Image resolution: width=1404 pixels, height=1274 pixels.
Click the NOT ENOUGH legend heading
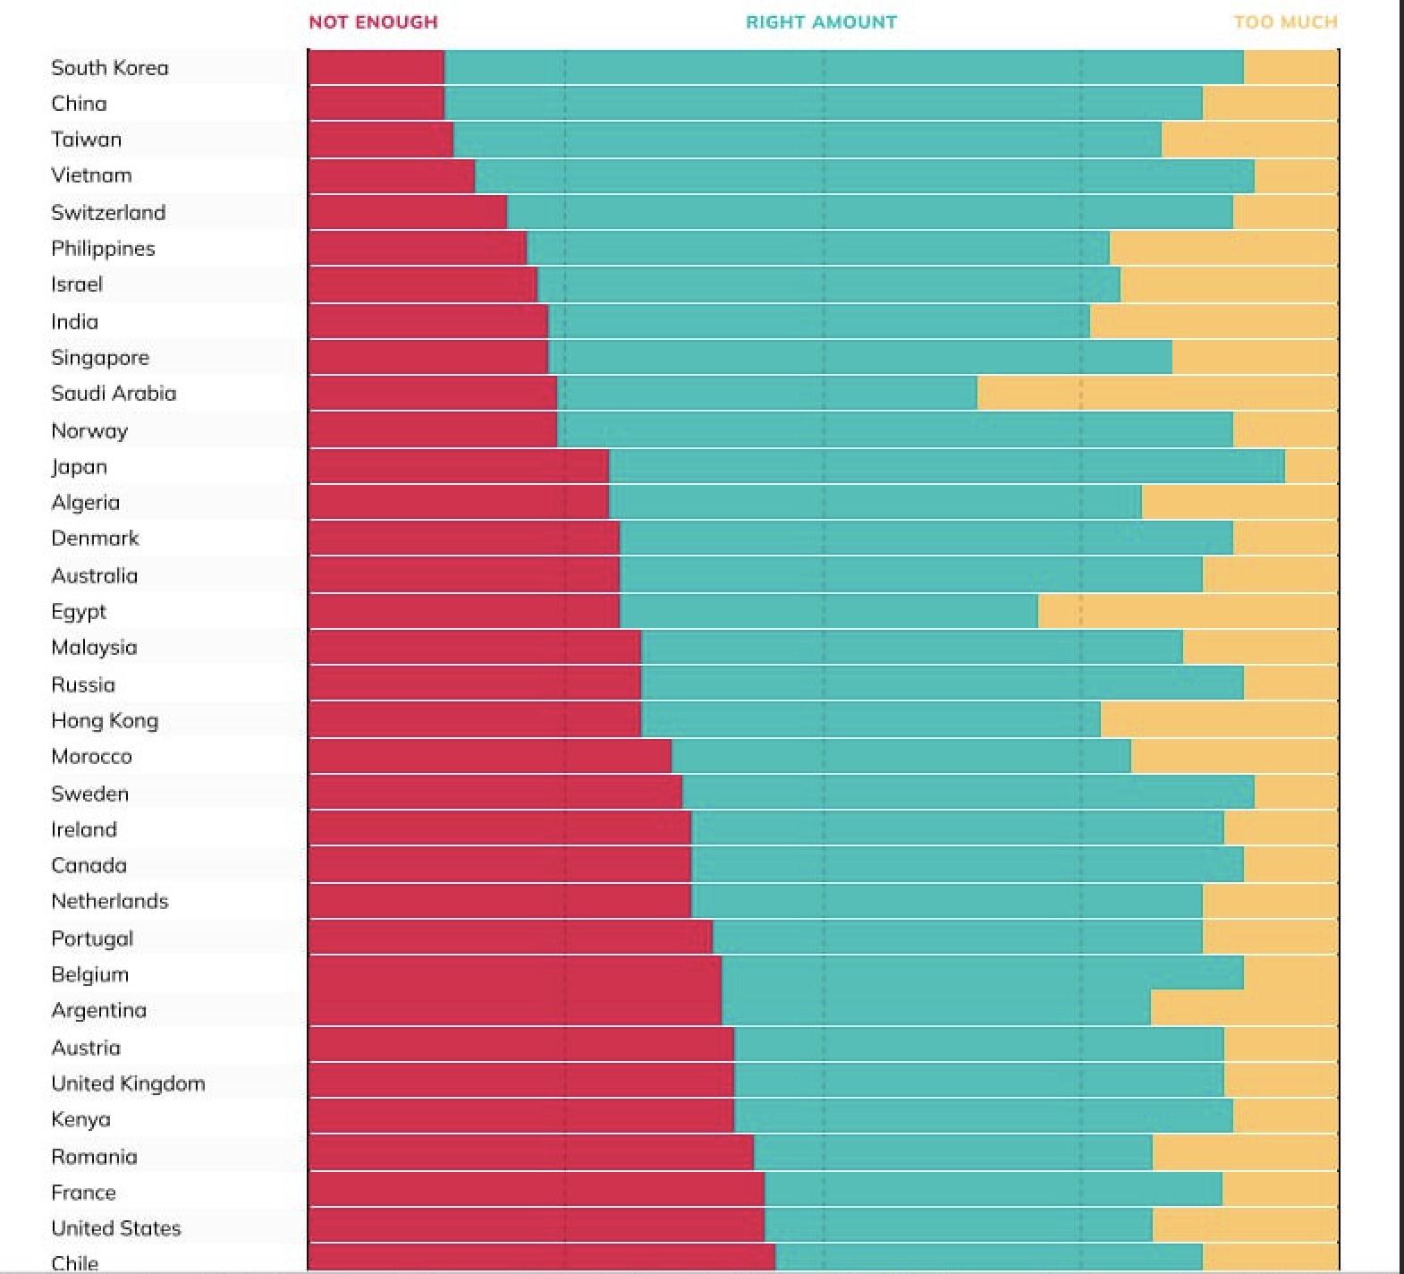pyautogui.click(x=373, y=22)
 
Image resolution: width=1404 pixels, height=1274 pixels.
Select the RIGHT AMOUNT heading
pyautogui.click(x=821, y=22)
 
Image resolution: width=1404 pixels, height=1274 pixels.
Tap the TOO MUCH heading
pyautogui.click(x=1285, y=22)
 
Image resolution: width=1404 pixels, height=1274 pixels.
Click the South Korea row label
pyautogui.click(x=110, y=68)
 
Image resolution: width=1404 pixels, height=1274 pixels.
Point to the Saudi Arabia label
pyautogui.click(x=114, y=394)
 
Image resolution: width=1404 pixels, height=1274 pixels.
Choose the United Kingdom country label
pyautogui.click(x=128, y=1083)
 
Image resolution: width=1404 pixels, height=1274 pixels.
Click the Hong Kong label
pyautogui.click(x=105, y=721)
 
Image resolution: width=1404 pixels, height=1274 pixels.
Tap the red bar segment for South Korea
pyautogui.click(x=376, y=68)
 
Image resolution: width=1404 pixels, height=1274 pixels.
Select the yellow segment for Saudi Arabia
pyautogui.click(x=1157, y=394)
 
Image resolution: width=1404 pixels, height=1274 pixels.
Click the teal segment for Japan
pyautogui.click(x=946, y=466)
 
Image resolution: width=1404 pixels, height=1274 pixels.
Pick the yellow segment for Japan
pyautogui.click(x=1311, y=466)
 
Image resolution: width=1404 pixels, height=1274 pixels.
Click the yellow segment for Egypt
pyautogui.click(x=1188, y=611)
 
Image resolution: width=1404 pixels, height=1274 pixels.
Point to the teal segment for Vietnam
pyautogui.click(x=864, y=175)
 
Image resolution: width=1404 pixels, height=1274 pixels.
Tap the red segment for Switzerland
pyautogui.click(x=408, y=212)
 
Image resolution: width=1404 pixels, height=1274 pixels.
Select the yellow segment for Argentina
pyautogui.click(x=1244, y=1008)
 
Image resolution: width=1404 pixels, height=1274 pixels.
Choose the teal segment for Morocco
pyautogui.click(x=901, y=756)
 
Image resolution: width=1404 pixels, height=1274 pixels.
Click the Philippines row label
pyautogui.click(x=103, y=249)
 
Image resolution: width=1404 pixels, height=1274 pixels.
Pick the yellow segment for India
pyautogui.click(x=1214, y=321)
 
